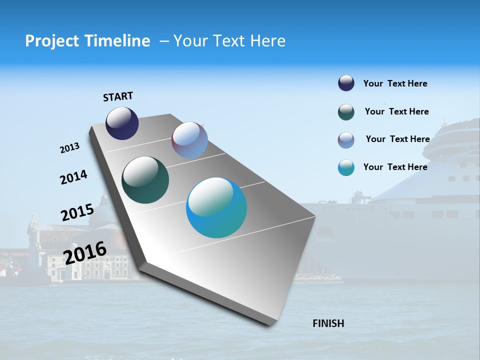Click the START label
(118, 96)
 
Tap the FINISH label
(328, 323)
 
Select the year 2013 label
(69, 148)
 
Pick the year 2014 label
(73, 177)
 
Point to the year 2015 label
(77, 212)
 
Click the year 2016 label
(85, 252)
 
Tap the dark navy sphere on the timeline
(122, 123)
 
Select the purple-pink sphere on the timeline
(189, 140)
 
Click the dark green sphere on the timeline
(145, 180)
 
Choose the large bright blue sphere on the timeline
(216, 207)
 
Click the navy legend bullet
(346, 83)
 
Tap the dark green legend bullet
(346, 112)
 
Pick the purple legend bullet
(346, 140)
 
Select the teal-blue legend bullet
(346, 167)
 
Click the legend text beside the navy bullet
(395, 83)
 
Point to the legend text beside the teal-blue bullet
(395, 167)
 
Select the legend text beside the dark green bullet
(396, 111)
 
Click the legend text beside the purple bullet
(397, 139)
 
